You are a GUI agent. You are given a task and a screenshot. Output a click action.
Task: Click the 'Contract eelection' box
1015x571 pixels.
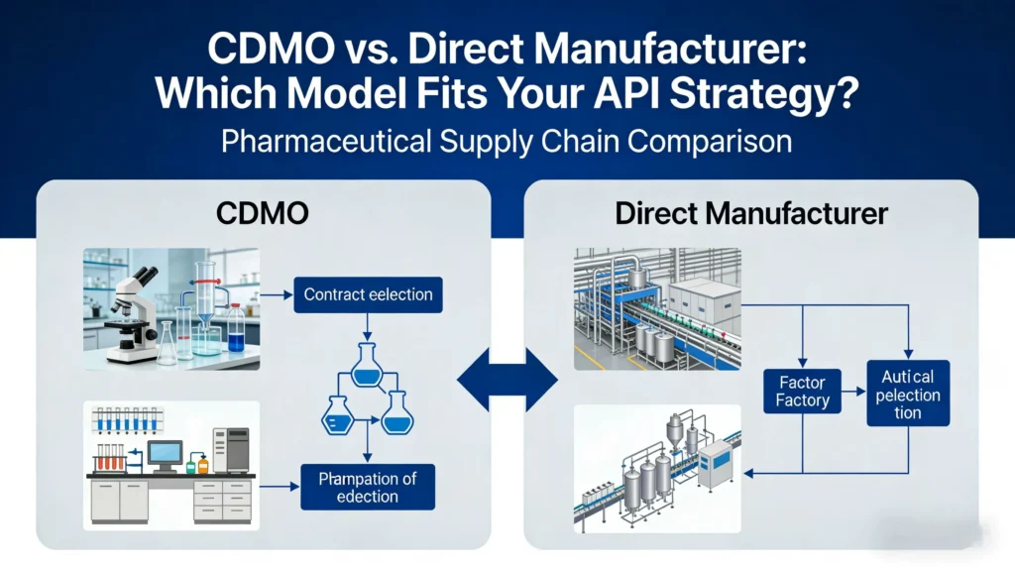pos(368,294)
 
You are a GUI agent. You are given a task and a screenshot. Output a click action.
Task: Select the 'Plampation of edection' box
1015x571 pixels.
pos(368,488)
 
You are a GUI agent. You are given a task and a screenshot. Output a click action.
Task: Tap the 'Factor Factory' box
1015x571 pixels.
pos(803,391)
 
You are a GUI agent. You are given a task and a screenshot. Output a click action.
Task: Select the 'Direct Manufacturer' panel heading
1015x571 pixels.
pos(751,213)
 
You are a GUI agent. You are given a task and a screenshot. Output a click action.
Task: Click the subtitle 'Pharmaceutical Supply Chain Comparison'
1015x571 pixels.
pos(507,141)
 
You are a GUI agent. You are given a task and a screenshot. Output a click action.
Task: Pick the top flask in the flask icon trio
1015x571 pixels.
pos(368,365)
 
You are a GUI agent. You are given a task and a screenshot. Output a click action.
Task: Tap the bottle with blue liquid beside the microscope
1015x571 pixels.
pos(235,330)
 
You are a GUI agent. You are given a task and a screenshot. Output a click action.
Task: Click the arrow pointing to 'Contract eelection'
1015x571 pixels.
pos(281,294)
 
